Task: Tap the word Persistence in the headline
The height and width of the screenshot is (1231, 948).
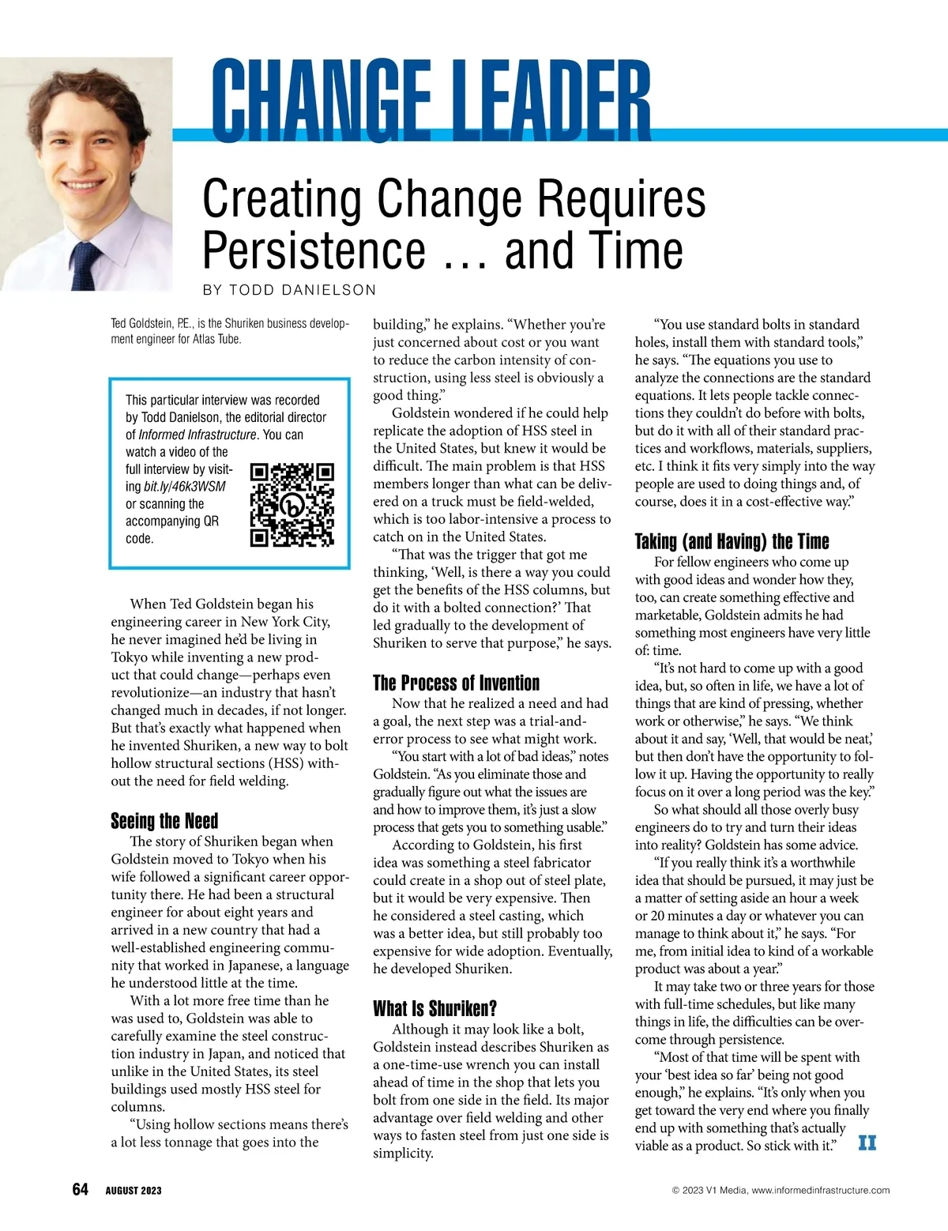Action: click(x=314, y=250)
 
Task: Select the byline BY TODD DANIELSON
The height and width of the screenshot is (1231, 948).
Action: click(x=289, y=290)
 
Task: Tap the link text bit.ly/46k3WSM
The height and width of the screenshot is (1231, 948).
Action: click(x=184, y=487)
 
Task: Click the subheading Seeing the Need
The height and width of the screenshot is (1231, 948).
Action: click(x=164, y=821)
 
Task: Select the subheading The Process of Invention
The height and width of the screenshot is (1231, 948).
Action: click(x=456, y=683)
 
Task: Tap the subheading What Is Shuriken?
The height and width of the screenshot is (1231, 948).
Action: click(x=434, y=1008)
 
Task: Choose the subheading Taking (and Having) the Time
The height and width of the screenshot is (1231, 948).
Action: click(x=732, y=541)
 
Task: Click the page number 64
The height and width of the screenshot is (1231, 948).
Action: click(x=80, y=1189)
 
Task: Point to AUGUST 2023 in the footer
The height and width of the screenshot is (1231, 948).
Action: click(x=134, y=1191)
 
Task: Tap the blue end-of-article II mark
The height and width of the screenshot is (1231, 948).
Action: click(x=867, y=1143)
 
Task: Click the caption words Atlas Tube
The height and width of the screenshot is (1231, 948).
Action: click(x=216, y=340)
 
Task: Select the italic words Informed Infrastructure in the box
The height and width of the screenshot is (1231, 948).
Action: click(x=197, y=435)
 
